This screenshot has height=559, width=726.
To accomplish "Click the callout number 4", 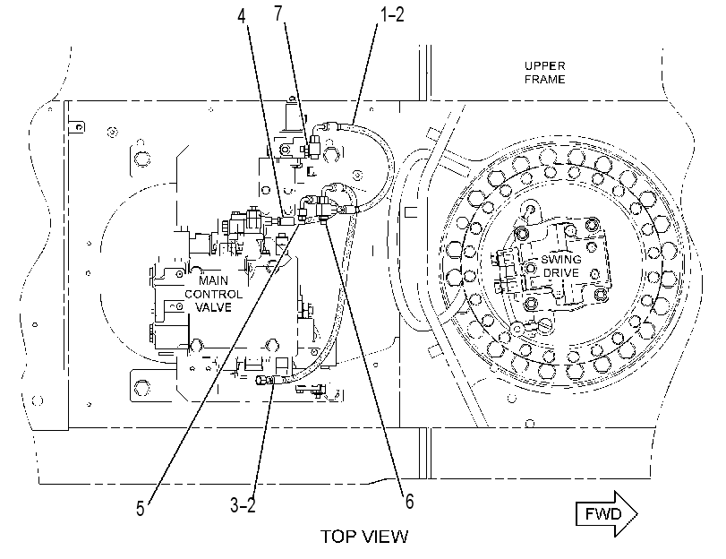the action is [x=241, y=16].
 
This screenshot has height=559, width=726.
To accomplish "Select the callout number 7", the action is [x=278, y=13].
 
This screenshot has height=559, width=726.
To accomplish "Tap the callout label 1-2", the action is [x=392, y=14].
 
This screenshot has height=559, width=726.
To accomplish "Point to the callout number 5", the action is [x=141, y=509].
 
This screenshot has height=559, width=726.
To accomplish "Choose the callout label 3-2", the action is [x=243, y=504].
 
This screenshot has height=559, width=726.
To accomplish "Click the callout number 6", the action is [x=409, y=501].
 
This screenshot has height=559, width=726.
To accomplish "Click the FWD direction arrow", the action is [x=607, y=513].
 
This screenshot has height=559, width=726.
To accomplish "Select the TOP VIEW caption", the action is [x=365, y=537].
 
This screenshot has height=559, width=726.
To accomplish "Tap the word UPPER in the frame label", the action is [x=545, y=65].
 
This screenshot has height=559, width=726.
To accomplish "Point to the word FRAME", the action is [x=545, y=79].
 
